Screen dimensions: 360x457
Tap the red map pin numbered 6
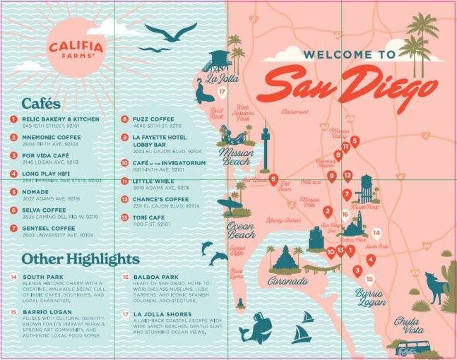[x=273, y=179]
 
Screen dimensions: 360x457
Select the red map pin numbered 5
[x=355, y=141]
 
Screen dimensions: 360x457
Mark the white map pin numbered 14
[x=376, y=233]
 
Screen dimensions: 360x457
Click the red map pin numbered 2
[x=328, y=211]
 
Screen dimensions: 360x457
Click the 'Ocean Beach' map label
[x=241, y=230]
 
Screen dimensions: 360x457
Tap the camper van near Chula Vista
[x=410, y=348]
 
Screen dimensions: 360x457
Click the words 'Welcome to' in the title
[x=349, y=54]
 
